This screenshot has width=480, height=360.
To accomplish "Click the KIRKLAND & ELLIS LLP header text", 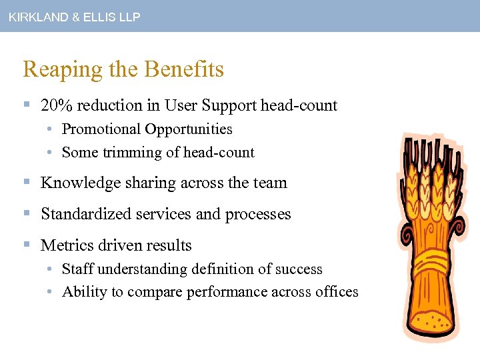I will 75,17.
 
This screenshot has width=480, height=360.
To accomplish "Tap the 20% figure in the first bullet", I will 54,105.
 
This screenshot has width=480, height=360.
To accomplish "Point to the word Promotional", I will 99,129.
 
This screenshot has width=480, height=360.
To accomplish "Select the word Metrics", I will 65,245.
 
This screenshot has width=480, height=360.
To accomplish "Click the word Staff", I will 76,269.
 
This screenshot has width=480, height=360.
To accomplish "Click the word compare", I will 153,292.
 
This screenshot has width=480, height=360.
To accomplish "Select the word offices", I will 336,292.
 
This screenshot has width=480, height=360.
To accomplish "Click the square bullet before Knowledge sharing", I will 26,183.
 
